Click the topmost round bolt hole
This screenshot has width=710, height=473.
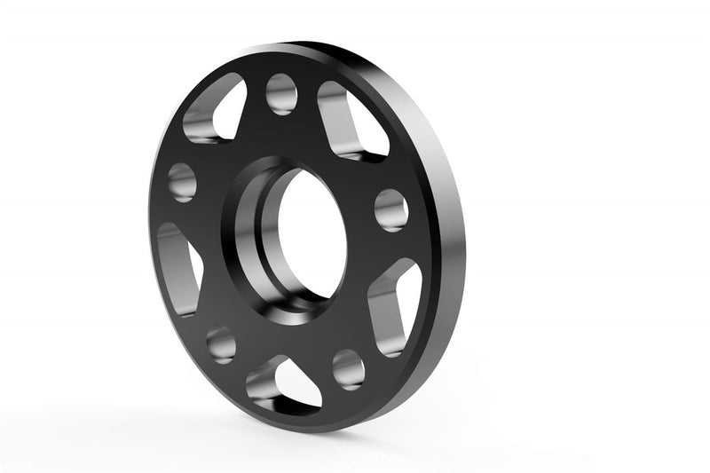click(x=281, y=94)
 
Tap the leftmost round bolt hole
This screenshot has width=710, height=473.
click(x=181, y=181)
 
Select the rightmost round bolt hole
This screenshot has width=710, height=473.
click(x=390, y=210)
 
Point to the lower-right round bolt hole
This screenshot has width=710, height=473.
click(x=349, y=368)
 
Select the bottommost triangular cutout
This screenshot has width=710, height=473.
click(x=282, y=383)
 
